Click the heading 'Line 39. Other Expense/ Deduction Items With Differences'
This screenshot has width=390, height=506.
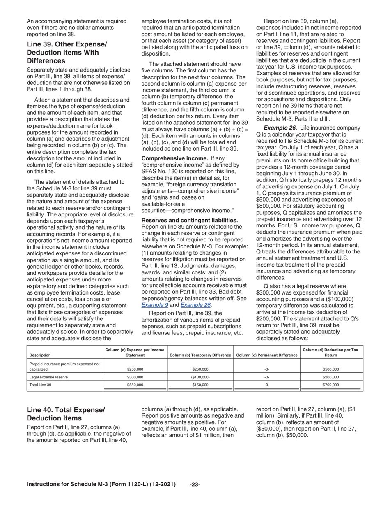[x=67, y=52]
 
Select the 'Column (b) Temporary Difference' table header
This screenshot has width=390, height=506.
[x=200, y=355]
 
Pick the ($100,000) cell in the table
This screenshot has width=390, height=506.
[x=200, y=377]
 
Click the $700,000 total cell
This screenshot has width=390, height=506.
[x=330, y=385]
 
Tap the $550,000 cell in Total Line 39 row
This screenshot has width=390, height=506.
[x=135, y=385]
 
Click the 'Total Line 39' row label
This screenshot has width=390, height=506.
[x=41, y=385]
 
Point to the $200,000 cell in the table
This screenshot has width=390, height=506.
[x=330, y=377]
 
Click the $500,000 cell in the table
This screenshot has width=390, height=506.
[x=330, y=369]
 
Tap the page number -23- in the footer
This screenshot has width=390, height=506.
[x=195, y=485]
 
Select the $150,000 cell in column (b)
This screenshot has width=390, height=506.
[x=200, y=385]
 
